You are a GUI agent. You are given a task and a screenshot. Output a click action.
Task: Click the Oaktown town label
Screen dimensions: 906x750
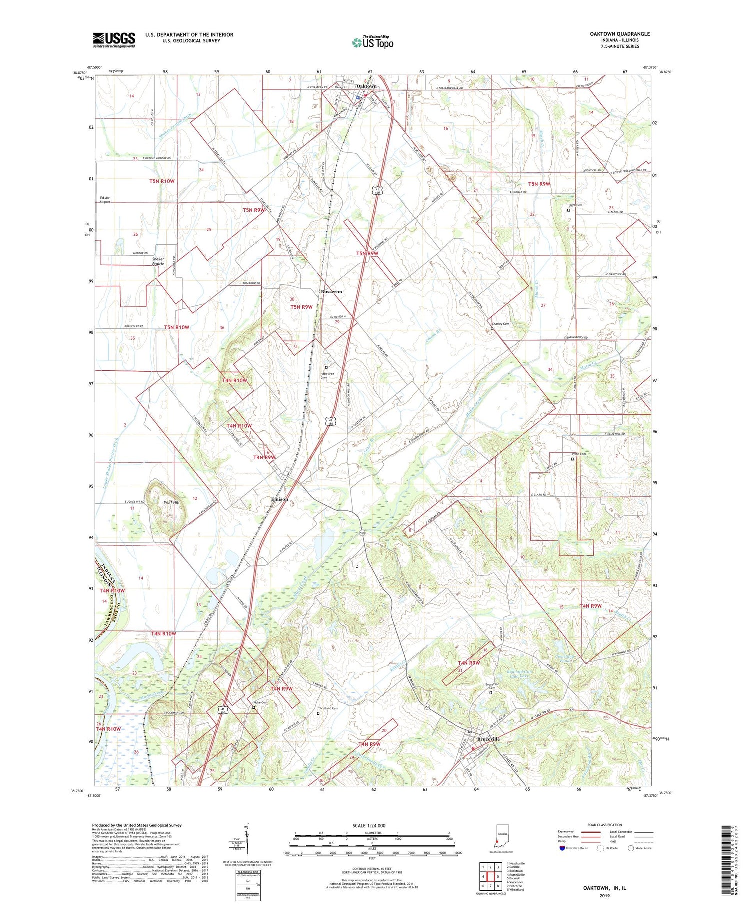366,86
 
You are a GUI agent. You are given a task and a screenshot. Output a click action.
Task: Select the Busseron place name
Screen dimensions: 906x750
331,291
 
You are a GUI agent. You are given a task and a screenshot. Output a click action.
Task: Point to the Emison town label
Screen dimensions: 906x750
279,499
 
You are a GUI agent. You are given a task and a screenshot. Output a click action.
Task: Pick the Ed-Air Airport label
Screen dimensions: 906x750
104,200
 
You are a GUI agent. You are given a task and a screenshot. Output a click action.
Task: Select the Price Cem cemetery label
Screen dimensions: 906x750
579,454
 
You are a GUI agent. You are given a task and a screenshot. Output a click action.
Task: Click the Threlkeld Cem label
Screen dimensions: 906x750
328,708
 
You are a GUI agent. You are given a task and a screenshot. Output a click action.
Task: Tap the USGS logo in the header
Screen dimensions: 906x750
114,40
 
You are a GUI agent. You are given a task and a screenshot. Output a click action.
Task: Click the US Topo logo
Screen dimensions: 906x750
372,42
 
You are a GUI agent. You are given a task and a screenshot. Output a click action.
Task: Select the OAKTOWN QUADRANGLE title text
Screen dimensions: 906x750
619,34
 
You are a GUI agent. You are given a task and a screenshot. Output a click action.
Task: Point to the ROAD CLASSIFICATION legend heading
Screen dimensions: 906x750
605,825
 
